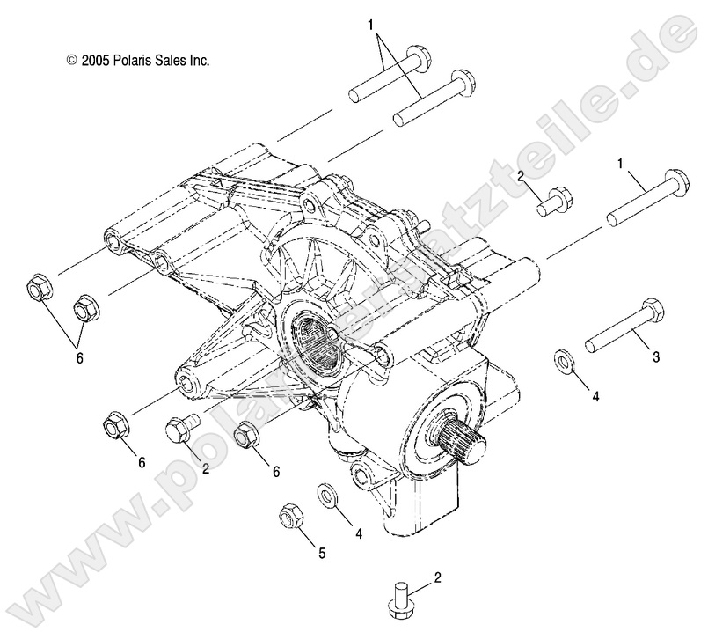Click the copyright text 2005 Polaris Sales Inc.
[x=137, y=61]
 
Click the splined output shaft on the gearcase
[x=460, y=435]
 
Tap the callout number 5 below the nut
[x=321, y=553]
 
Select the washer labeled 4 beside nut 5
[x=325, y=496]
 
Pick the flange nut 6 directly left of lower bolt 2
[x=116, y=424]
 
